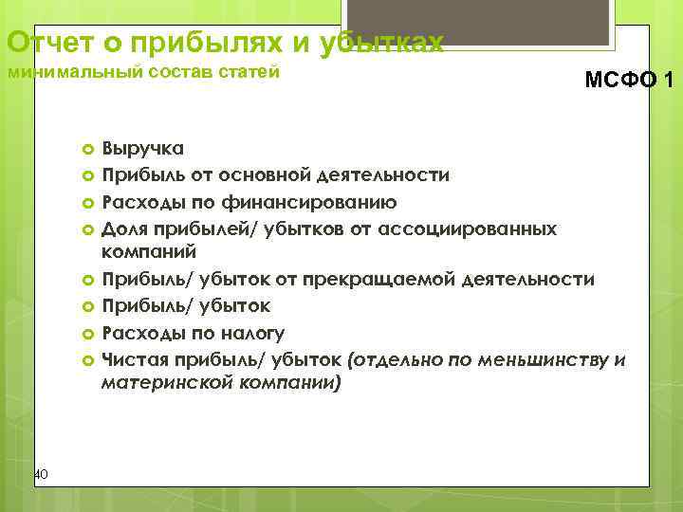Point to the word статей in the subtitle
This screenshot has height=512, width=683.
pyautogui.click(x=250, y=72)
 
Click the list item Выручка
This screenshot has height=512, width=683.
pyautogui.click(x=143, y=149)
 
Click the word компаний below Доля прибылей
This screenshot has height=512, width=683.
pyautogui.click(x=149, y=252)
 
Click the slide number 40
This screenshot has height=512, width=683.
pyautogui.click(x=39, y=473)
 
